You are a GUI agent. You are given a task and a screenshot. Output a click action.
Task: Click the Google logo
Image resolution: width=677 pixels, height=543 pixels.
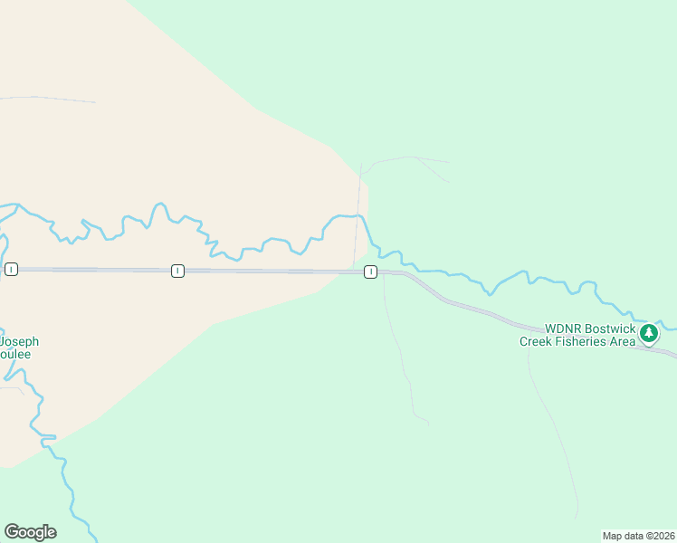30,532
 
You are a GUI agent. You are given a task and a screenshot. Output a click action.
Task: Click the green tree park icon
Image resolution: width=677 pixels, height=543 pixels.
648,334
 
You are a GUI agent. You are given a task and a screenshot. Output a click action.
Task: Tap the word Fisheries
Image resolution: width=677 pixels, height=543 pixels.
585,341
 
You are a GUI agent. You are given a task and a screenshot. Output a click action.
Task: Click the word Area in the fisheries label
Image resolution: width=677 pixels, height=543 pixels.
622,341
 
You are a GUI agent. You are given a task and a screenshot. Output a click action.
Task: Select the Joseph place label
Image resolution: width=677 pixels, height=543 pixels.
19,341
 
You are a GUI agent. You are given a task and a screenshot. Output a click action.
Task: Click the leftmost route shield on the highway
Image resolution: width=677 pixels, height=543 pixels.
11,269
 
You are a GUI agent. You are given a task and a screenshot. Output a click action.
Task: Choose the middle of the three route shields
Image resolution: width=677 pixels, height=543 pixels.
177,271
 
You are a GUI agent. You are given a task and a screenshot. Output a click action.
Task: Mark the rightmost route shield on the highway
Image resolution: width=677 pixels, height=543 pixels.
370,272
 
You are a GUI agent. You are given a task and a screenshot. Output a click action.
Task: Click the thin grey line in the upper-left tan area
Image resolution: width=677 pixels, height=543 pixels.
54,99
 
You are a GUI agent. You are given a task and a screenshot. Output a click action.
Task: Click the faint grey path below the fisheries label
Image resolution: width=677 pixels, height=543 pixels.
552,425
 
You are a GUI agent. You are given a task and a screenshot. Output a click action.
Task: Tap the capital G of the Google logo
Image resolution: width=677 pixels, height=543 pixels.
12,532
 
